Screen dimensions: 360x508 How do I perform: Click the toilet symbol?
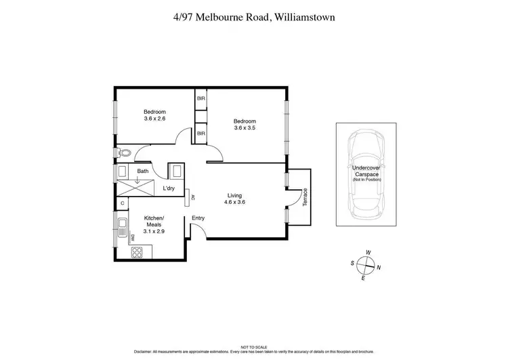[x=123, y=153]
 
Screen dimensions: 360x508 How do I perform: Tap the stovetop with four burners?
[x=137, y=252]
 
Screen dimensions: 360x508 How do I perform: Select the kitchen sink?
[x=123, y=225]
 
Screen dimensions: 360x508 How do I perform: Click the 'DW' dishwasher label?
[x=133, y=237]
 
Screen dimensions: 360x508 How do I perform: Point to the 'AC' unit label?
[x=193, y=197]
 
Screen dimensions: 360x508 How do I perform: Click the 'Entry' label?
[x=198, y=218]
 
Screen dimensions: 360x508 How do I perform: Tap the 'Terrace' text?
[x=305, y=197]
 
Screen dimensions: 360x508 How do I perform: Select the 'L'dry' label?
[x=169, y=189]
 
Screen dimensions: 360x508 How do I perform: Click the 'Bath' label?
[x=143, y=172]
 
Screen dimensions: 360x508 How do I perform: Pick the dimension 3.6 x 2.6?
[x=154, y=119]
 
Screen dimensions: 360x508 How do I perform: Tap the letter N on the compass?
[x=379, y=268]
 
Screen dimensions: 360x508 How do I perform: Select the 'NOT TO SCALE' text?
[x=253, y=346]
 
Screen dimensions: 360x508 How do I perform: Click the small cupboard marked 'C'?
[x=123, y=203]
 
